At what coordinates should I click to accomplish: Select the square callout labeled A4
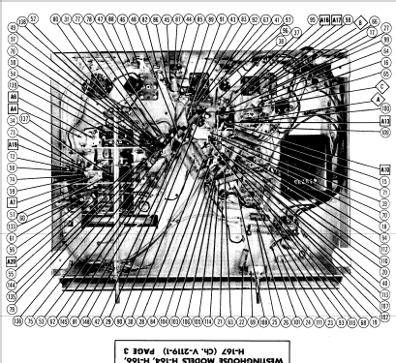pos(14,109)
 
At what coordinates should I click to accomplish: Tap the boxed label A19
pos(14,142)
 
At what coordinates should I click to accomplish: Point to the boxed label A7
pos(14,202)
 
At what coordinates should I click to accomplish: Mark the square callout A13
pos(385,122)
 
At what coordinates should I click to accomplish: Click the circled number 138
pos(21,18)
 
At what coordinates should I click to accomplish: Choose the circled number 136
pos(18,321)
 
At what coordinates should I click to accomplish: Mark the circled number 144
pos(13,286)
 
